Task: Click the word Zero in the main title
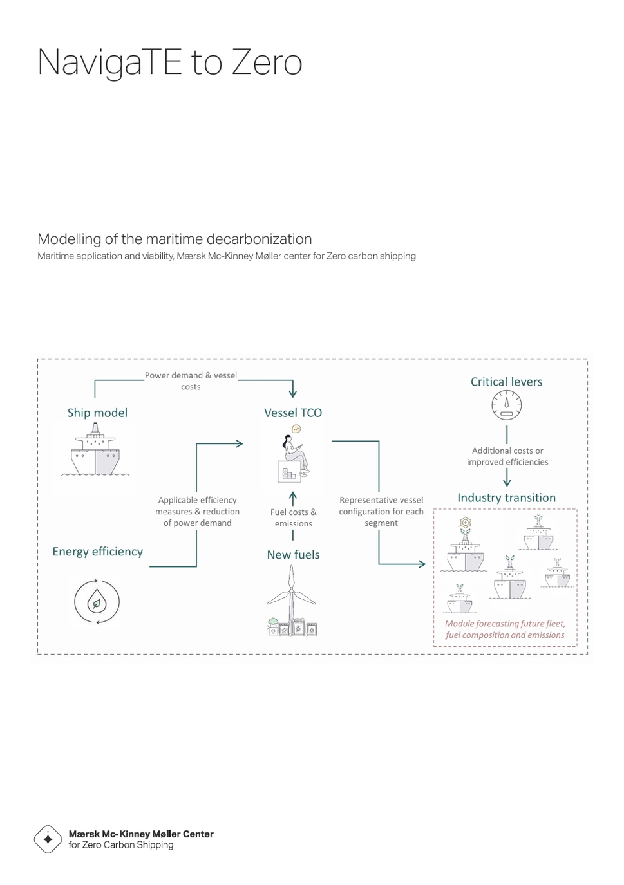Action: point(267,62)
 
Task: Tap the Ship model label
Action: point(97,413)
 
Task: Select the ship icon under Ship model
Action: point(95,451)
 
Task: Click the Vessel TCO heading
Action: point(293,413)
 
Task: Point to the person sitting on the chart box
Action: point(294,454)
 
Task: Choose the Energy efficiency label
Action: point(97,552)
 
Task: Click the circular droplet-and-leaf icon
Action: point(97,602)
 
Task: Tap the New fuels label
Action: point(293,555)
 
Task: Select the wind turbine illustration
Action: point(292,599)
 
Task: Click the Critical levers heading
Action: point(506,382)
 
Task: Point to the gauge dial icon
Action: point(507,405)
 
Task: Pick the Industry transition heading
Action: point(506,498)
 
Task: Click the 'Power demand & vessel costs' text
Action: point(191,381)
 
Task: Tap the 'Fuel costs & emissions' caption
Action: point(293,517)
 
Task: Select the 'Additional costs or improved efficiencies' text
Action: point(507,456)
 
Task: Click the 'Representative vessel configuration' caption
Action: point(381,511)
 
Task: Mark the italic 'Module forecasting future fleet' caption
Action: point(505,629)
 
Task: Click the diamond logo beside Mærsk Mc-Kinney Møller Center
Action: point(48,839)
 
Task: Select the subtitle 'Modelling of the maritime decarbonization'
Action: point(175,239)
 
